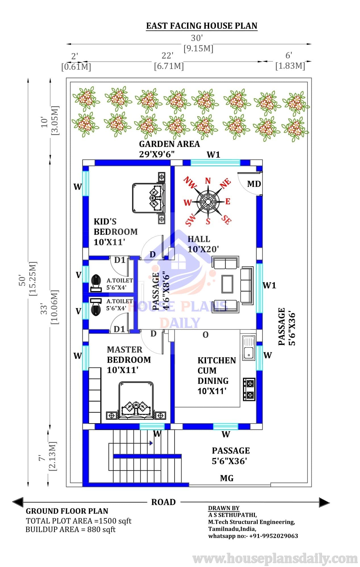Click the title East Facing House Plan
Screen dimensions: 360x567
coord(202,26)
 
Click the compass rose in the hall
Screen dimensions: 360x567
coord(208,202)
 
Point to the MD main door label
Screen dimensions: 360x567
coord(254,184)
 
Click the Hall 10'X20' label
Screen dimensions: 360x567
coord(203,244)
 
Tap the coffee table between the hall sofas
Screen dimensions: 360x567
coord(227,284)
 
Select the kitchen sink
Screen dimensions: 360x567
coord(249,348)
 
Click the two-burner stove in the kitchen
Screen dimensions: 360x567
coord(249,389)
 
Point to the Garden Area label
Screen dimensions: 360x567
coord(169,144)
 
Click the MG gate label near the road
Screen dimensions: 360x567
coord(227,478)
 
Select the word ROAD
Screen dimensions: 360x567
coord(163,502)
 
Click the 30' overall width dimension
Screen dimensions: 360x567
coord(197,38)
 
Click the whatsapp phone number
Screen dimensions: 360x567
coord(274,536)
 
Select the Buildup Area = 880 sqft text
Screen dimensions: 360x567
coord(70,529)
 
